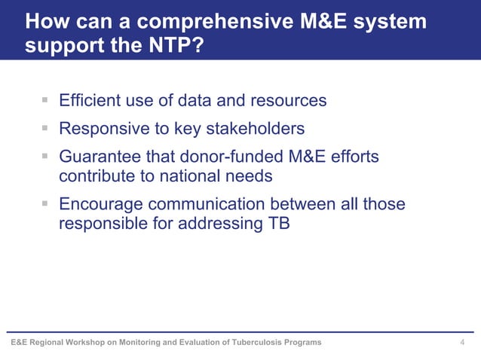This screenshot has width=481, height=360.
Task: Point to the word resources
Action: pyautogui.click(x=287, y=100)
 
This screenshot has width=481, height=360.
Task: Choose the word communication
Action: pyautogui.click(x=204, y=204)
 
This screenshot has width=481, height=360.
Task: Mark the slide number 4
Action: pyautogui.click(x=462, y=343)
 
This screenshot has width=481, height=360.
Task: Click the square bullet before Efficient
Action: pyautogui.click(x=45, y=99)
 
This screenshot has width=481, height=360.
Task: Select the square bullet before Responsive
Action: pyautogui.click(x=45, y=128)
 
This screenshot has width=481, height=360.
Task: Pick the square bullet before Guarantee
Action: pyautogui.click(x=45, y=157)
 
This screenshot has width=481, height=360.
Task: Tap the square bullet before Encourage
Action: pyautogui.click(x=45, y=203)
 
